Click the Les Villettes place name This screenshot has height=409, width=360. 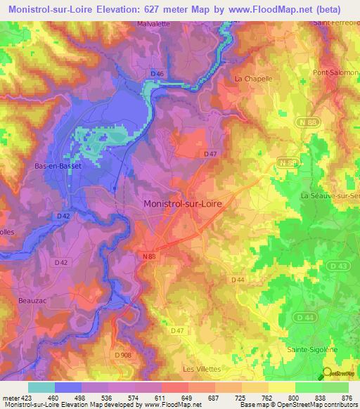tap(202, 369)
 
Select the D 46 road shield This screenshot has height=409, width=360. tap(157, 74)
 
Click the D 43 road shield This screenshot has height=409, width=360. tap(336, 266)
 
